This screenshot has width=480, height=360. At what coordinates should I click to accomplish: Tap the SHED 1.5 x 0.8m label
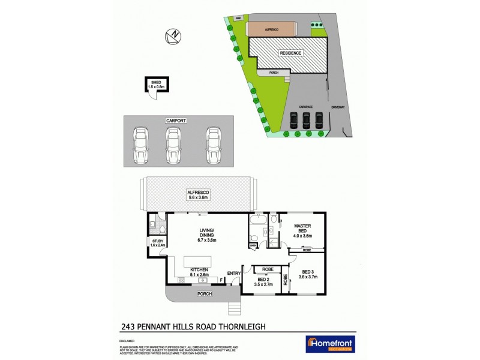[156, 85]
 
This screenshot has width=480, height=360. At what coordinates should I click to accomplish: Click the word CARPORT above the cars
[174, 121]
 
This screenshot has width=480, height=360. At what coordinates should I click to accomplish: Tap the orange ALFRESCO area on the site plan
[272, 29]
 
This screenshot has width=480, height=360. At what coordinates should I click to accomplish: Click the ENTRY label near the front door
[233, 275]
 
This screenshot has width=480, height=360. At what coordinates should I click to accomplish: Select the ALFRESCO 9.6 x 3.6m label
[198, 193]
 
